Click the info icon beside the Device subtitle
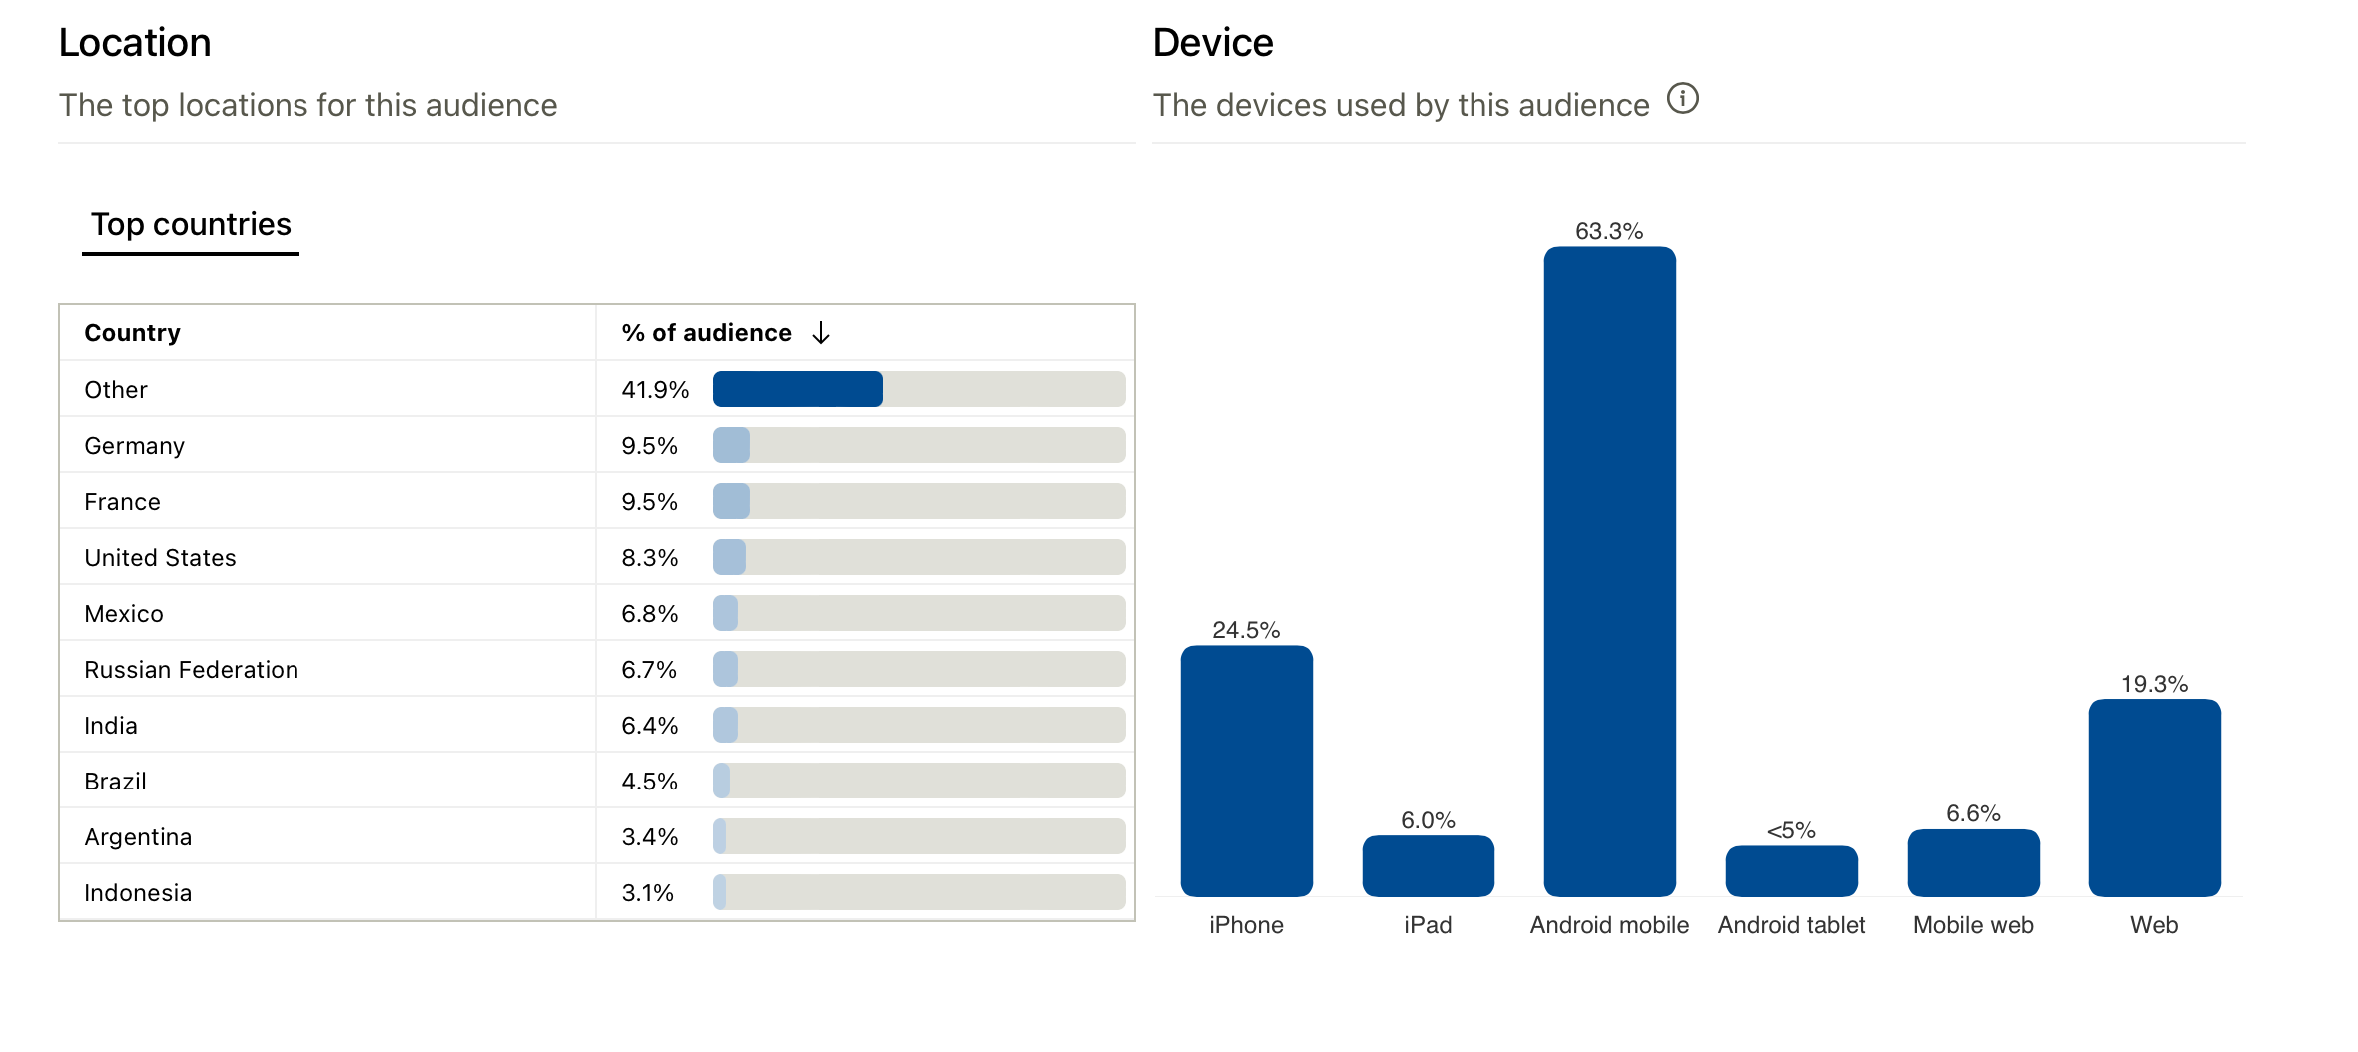coord(1683,99)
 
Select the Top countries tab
coord(191,224)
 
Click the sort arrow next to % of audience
coord(821,332)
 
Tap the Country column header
coord(132,332)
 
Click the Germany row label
coord(134,446)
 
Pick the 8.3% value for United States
coord(650,558)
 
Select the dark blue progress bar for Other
coord(797,389)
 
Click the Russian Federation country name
coord(191,670)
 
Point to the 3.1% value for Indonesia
coord(648,893)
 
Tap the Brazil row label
coord(115,782)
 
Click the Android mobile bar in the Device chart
coord(1609,571)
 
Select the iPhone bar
coord(1246,771)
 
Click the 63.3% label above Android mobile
coord(1609,231)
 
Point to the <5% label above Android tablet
coord(1791,830)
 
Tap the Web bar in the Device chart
coord(2154,797)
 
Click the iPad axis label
coord(1428,925)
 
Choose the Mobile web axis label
coord(1973,925)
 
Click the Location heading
coord(135,43)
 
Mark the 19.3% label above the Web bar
coord(2154,684)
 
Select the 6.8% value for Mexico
coord(650,614)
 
